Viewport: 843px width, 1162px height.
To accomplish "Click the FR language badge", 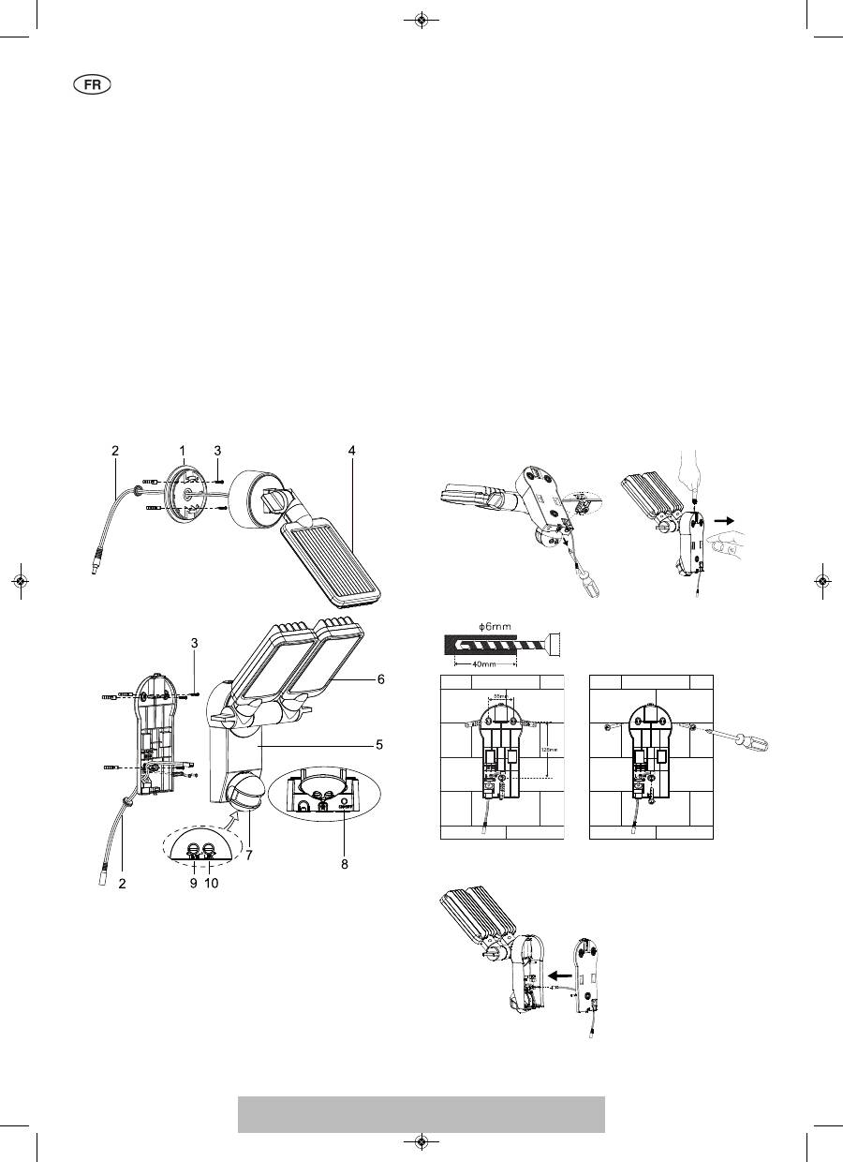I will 92,84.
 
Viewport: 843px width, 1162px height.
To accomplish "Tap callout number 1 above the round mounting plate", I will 184,451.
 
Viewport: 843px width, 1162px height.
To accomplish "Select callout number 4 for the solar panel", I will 351,451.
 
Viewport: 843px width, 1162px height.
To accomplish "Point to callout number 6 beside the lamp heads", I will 380,678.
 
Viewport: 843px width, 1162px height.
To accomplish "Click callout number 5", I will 380,746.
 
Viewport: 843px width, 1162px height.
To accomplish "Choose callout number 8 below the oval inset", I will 344,865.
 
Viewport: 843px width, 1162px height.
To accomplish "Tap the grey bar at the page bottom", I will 421,1114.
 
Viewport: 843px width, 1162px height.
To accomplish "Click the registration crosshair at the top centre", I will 421,19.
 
